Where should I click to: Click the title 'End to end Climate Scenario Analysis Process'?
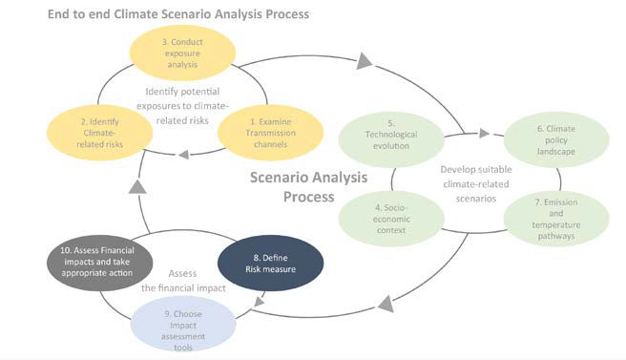pos(179,15)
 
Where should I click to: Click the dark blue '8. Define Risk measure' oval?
pos(272,264)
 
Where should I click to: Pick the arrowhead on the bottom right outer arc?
pos(385,305)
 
